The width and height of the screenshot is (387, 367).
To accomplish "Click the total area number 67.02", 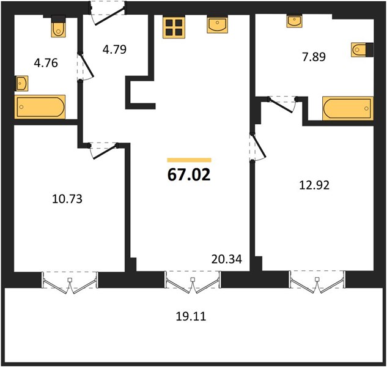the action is point(189,175).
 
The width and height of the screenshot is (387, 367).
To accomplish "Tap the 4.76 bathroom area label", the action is point(46,63).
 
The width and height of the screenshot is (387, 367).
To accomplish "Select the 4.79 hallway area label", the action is point(114,50).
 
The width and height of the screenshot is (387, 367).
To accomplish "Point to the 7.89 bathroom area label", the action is point(314,57).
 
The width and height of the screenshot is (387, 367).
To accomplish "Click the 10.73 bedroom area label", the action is point(67,199).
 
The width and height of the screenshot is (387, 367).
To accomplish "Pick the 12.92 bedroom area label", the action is point(314,185).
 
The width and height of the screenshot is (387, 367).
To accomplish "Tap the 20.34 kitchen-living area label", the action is point(227,259).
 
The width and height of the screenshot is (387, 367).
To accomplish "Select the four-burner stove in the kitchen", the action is point(174,28).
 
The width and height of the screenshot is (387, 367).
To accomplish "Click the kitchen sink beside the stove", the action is point(217,24).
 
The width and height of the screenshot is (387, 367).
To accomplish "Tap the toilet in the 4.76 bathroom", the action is point(59,26).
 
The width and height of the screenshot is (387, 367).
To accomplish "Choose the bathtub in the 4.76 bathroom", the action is point(40,106).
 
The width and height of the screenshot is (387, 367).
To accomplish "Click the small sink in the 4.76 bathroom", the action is point(21,83).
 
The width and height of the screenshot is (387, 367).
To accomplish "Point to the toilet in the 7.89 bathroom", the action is point(362,50).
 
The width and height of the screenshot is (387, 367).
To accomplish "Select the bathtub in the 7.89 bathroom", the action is point(348,108).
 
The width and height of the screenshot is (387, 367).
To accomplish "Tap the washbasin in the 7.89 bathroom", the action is point(294,21).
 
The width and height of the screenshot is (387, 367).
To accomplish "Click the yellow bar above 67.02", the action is point(190,160).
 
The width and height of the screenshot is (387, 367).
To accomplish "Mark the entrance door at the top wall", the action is point(108,13).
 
